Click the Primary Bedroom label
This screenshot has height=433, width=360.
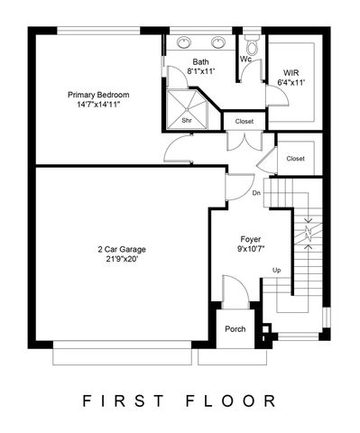pyautogui.click(x=98, y=94)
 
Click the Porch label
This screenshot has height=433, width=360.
pyautogui.click(x=235, y=328)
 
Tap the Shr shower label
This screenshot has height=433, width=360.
pyautogui.click(x=187, y=118)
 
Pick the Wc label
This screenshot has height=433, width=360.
pyautogui.click(x=245, y=60)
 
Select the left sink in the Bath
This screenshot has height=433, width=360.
pyautogui.click(x=185, y=41)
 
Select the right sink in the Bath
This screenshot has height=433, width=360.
pyautogui.click(x=217, y=41)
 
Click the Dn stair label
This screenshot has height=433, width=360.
pyautogui.click(x=256, y=191)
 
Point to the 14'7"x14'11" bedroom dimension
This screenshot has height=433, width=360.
pyautogui.click(x=98, y=105)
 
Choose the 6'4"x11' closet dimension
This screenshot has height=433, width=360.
pyautogui.click(x=291, y=82)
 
